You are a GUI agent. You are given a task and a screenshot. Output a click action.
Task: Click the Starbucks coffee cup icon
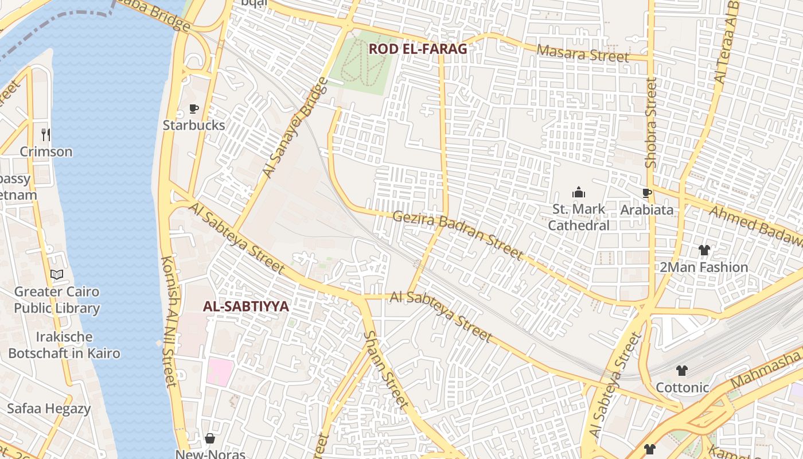click(x=194, y=109)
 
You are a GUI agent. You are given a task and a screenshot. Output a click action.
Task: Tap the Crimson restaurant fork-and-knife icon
click(x=46, y=135)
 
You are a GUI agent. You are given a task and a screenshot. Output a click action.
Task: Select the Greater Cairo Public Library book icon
click(x=56, y=275)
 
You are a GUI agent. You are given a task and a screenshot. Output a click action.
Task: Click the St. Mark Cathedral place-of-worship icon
click(x=579, y=192)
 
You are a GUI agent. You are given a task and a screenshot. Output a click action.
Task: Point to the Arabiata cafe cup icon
click(x=647, y=193)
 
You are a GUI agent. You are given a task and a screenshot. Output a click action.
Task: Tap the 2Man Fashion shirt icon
click(x=704, y=250)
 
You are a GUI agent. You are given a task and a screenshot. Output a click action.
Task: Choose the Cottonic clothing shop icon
click(x=681, y=371)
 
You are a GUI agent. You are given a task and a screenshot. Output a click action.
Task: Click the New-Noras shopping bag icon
click(x=210, y=439)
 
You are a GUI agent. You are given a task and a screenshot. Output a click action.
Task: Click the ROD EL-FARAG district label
click(x=418, y=49)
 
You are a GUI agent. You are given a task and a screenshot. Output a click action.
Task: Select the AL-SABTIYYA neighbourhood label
click(x=245, y=306)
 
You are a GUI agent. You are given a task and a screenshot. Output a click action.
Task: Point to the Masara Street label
click(x=583, y=54)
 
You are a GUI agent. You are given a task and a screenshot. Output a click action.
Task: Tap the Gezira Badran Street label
click(x=458, y=235)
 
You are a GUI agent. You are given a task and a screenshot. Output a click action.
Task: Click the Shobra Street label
click(x=651, y=123)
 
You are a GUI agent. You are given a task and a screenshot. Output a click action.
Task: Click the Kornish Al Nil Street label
click(x=170, y=321)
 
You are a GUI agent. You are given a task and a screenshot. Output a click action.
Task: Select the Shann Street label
click(x=386, y=369)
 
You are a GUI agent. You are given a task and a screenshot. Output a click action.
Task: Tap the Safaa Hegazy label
click(x=49, y=409)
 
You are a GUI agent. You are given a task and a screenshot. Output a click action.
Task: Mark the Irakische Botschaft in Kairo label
click(x=64, y=344)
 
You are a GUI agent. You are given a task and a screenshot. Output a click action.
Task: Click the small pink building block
click(x=220, y=371)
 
